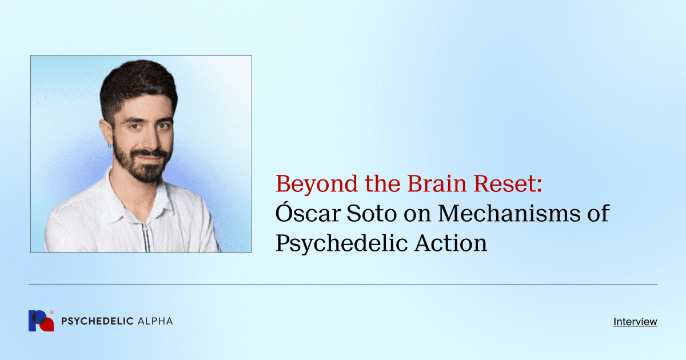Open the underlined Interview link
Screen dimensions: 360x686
click(635, 322)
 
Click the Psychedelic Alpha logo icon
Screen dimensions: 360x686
click(41, 321)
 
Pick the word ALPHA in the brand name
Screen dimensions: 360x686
click(155, 321)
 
